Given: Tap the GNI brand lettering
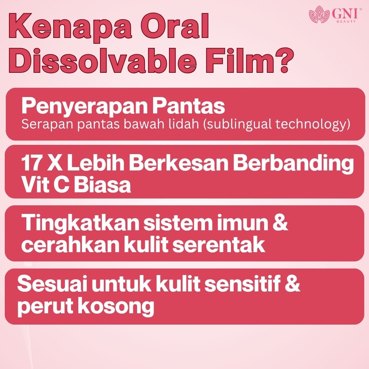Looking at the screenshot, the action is (344, 14).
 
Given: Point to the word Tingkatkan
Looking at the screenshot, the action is (80, 223).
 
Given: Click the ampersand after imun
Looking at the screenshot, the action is (281, 222).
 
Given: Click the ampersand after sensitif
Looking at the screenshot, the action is (292, 284).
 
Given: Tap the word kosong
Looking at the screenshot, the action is (116, 307).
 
